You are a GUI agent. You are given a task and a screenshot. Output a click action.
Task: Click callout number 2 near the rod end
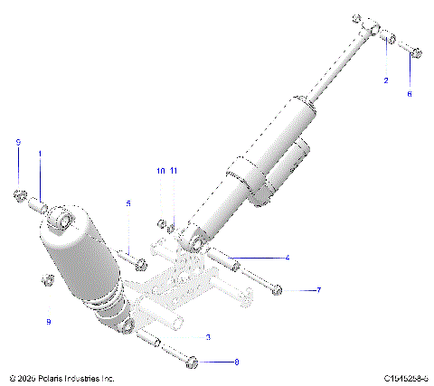(x=386, y=80)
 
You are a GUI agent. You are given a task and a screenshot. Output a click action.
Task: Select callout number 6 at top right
(x=408, y=93)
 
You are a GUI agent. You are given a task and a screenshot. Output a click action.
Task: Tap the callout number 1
(x=40, y=155)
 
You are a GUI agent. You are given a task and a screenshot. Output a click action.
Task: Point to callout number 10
(x=160, y=170)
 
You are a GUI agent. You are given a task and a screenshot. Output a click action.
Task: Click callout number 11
(x=174, y=170)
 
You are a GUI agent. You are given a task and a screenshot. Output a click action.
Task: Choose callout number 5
(x=128, y=203)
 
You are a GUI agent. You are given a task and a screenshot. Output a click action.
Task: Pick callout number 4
(x=288, y=258)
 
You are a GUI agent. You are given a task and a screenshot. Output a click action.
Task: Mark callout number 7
(x=317, y=290)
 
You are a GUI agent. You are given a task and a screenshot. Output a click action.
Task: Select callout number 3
(x=208, y=337)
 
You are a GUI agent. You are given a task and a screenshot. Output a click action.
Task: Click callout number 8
(x=236, y=362)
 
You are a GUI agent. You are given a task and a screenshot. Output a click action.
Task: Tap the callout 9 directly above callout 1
(x=17, y=142)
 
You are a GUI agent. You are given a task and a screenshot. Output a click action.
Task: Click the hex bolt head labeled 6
(x=415, y=53)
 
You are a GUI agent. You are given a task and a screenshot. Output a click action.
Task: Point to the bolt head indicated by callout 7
(x=277, y=290)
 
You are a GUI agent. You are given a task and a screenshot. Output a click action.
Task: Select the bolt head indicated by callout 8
(x=191, y=362)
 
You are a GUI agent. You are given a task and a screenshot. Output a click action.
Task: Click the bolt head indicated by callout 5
(x=140, y=265)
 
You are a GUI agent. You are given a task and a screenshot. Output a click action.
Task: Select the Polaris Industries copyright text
(x=61, y=377)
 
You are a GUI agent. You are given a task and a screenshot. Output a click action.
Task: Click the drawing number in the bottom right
(x=404, y=377)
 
